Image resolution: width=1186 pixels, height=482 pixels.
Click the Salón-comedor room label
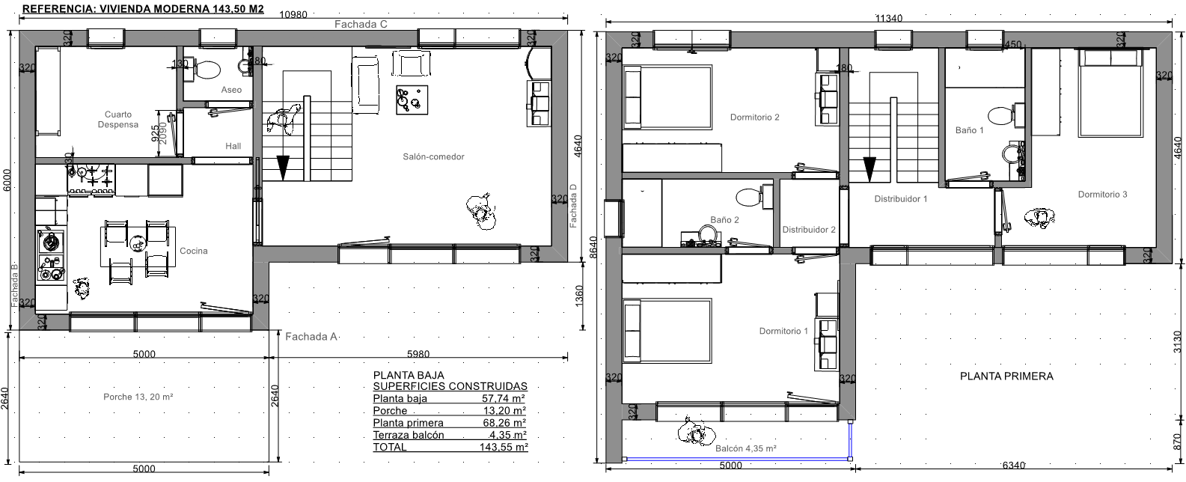[433, 156]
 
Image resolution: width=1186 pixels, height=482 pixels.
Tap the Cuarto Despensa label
[118, 120]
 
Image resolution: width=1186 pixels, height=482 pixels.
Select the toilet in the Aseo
[207, 70]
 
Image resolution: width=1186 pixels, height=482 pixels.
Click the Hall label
[233, 146]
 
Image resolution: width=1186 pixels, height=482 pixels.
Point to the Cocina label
[193, 251]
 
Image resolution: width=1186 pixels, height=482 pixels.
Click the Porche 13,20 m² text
[138, 397]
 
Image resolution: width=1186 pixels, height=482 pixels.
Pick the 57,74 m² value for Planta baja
[503, 398]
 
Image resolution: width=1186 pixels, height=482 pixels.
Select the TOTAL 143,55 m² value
[504, 447]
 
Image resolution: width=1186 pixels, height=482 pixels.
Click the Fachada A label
[311, 336]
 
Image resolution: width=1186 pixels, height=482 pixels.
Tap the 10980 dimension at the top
[293, 14]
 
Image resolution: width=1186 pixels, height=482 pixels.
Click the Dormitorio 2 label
[754, 117]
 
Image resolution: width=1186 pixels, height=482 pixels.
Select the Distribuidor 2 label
[809, 230]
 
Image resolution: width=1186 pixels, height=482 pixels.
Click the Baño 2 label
[724, 220]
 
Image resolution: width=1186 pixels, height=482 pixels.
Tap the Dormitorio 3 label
[1102, 195]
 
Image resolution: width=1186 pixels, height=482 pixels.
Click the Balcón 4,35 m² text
[745, 448]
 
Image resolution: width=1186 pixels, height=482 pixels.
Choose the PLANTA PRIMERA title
[1006, 376]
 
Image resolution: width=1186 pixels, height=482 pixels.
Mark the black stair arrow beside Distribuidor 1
[869, 169]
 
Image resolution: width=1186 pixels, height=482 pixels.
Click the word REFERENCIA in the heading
[59, 9]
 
